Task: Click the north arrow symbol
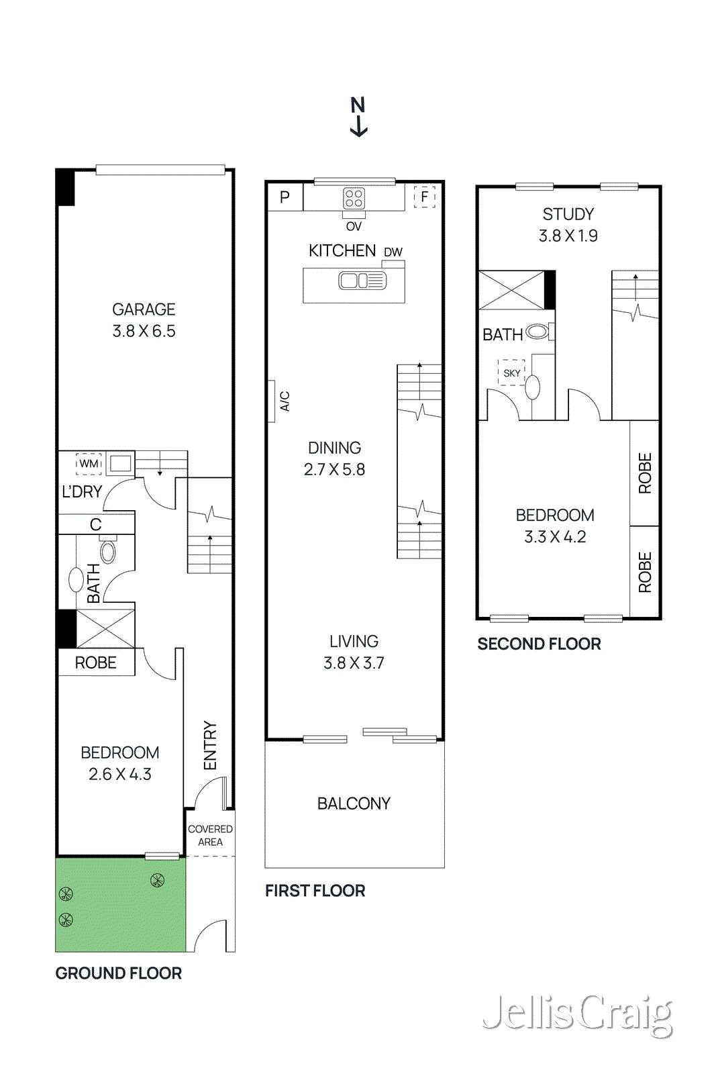(x=358, y=117)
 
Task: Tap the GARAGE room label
(x=144, y=309)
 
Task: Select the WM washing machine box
(x=89, y=463)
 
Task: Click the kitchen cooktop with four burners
(x=354, y=198)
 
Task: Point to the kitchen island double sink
(x=362, y=281)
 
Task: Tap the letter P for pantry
(x=285, y=197)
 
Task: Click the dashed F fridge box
(x=424, y=197)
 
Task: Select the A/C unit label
(x=285, y=401)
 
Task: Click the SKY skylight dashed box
(x=511, y=373)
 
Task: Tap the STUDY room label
(x=568, y=214)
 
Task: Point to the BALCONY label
(x=354, y=803)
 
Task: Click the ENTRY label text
(x=210, y=745)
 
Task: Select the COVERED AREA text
(x=210, y=835)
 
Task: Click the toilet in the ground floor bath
(x=108, y=552)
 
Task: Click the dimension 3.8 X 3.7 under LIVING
(x=354, y=663)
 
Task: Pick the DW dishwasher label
(x=393, y=252)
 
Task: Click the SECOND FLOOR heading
(x=539, y=644)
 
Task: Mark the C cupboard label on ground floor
(x=96, y=524)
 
